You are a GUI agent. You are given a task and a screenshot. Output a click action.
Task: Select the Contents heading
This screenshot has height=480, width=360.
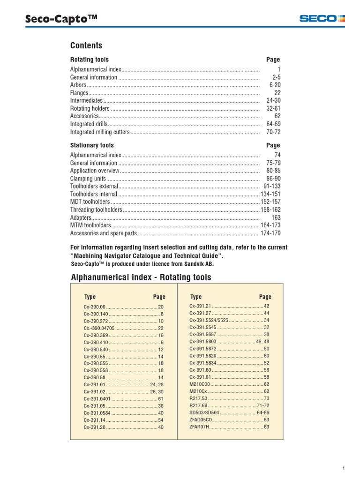click(86, 45)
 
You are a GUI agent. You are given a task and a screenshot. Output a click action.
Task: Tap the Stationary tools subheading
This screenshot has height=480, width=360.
click(92, 145)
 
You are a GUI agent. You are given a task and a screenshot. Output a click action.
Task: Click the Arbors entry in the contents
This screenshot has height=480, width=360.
click(78, 85)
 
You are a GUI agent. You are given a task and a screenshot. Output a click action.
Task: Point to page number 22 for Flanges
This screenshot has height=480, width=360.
click(277, 93)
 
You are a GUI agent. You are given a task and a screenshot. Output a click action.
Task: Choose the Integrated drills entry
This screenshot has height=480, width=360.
click(89, 124)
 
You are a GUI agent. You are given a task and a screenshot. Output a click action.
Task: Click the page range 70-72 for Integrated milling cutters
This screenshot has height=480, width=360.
click(273, 132)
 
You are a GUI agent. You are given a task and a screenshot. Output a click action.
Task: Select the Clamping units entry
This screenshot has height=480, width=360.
click(88, 179)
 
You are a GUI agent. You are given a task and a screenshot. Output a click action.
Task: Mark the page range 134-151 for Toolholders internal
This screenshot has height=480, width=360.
click(270, 194)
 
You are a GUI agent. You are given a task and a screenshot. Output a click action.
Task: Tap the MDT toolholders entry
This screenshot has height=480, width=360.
click(91, 202)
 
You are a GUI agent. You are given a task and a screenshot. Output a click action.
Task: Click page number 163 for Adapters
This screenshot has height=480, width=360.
click(276, 217)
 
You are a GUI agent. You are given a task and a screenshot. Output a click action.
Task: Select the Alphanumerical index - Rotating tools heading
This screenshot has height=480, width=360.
click(141, 277)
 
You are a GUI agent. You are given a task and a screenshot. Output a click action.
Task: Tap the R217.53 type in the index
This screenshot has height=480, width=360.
click(198, 398)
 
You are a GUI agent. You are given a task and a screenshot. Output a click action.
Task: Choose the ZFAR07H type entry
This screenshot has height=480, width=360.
click(199, 427)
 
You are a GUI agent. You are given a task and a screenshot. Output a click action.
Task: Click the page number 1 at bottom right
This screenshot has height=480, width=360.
click(344, 468)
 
